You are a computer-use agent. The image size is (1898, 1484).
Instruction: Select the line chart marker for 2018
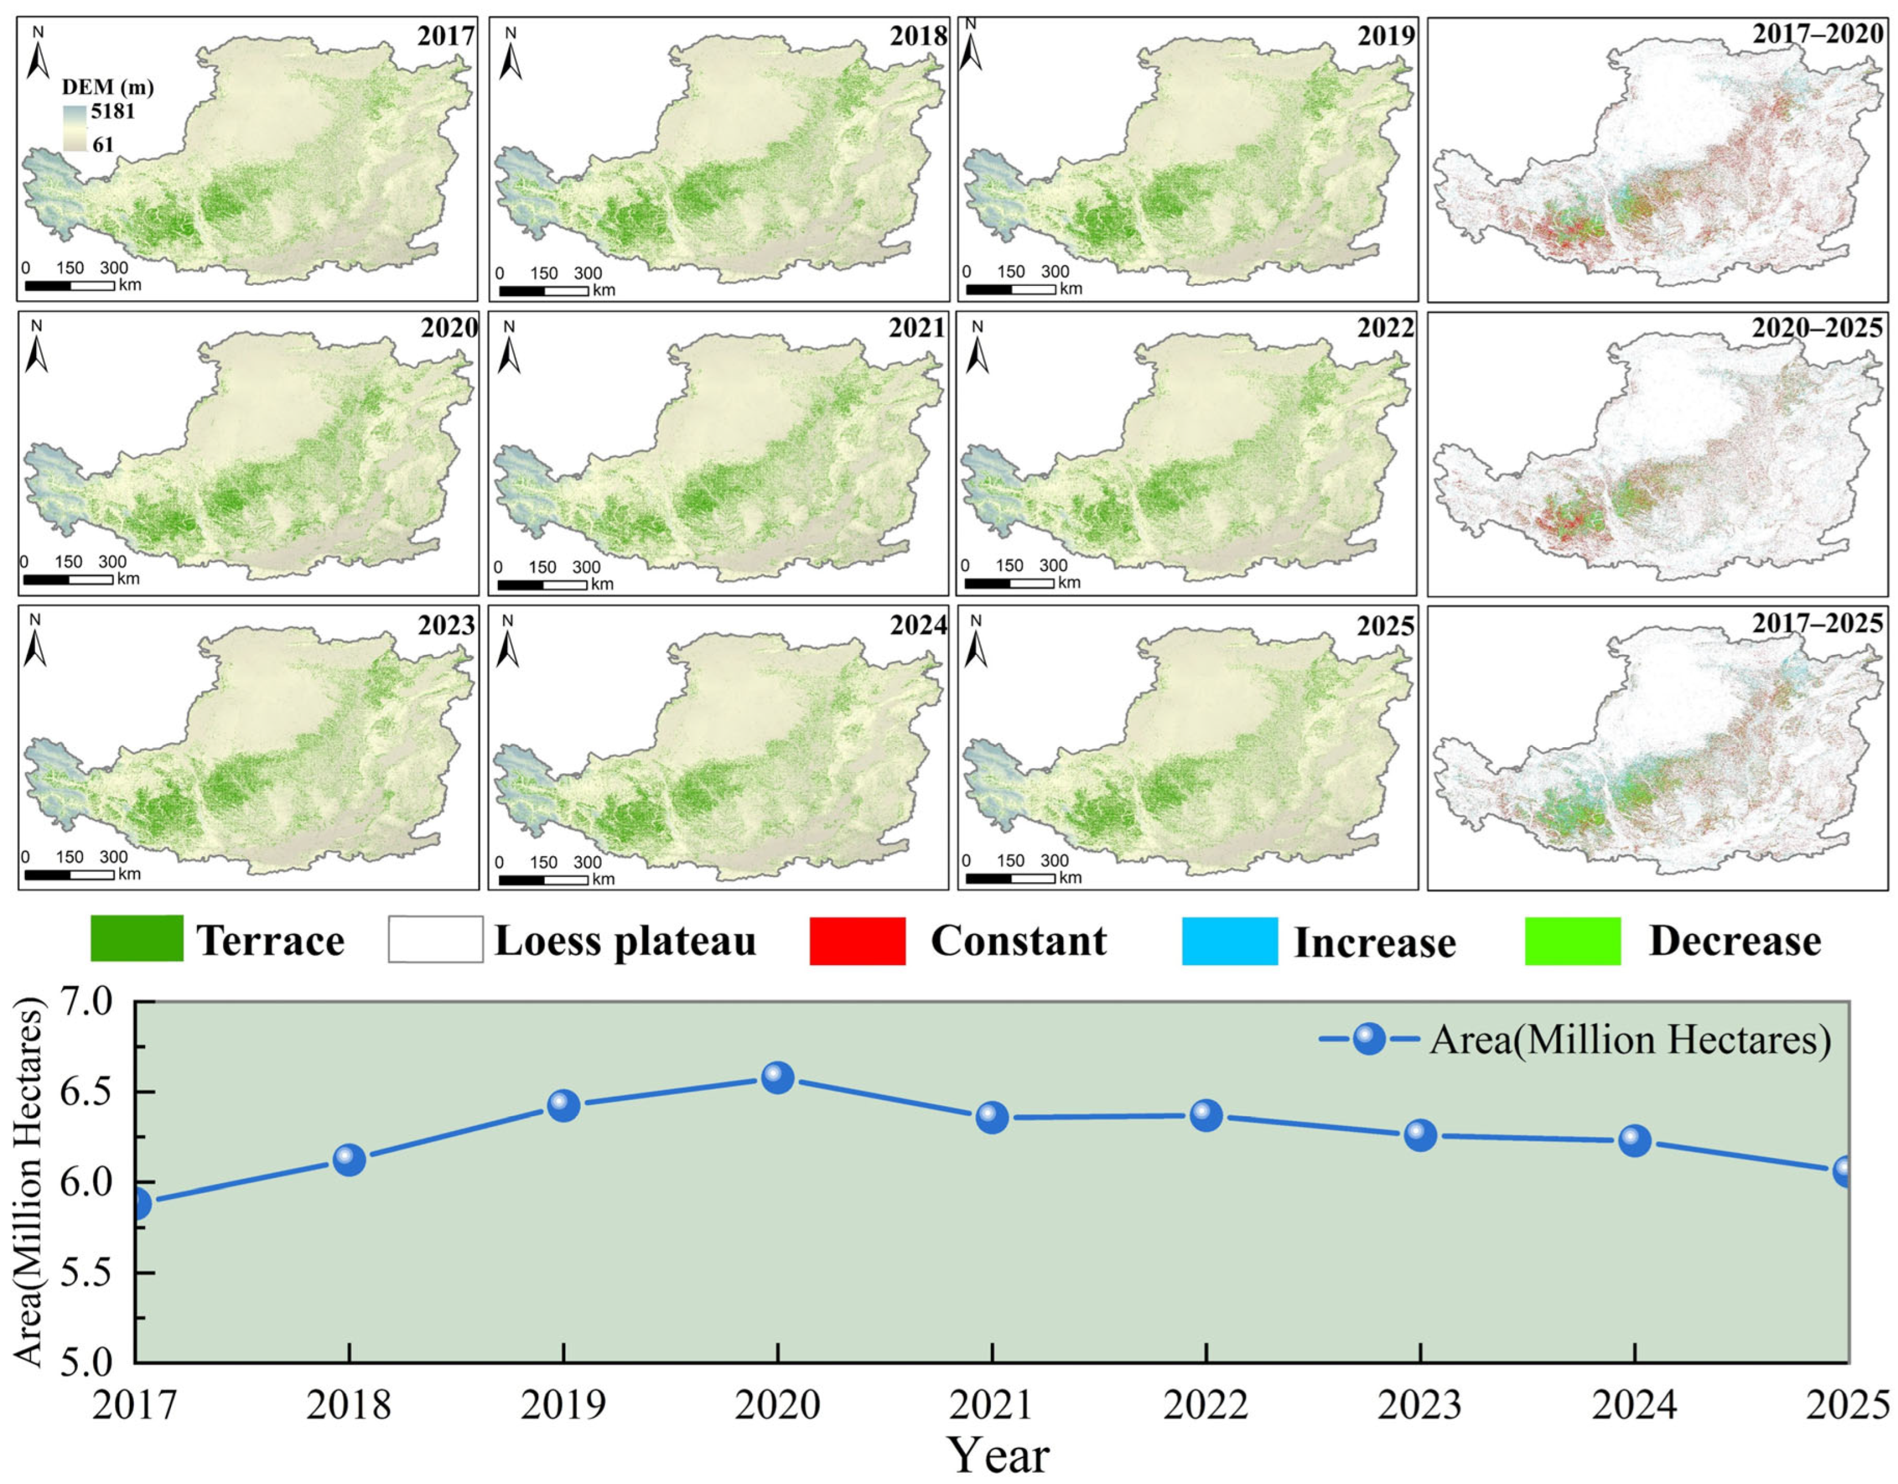(349, 1159)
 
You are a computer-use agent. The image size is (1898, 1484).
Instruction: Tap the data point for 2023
(1420, 1135)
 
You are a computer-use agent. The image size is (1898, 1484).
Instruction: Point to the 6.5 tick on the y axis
(96, 1092)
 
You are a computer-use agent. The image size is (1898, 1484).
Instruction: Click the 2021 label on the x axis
(991, 1405)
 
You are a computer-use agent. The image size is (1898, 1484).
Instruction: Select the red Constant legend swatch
(857, 941)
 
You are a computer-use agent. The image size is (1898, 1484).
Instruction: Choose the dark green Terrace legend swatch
(137, 939)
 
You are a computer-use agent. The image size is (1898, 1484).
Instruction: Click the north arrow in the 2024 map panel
(508, 641)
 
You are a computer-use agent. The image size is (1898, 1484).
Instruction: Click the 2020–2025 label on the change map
(1816, 328)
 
